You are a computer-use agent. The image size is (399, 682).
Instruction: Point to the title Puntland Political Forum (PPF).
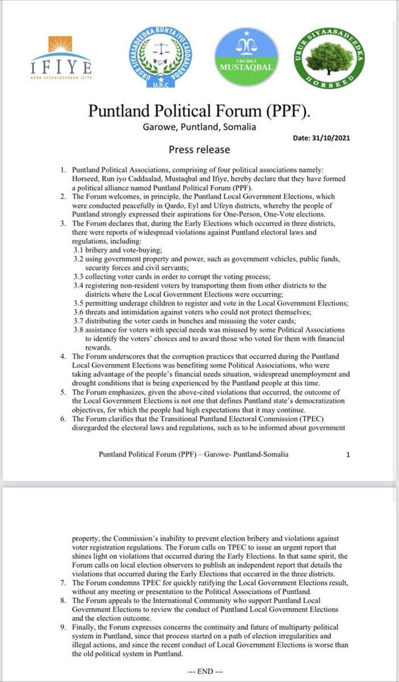(x=199, y=111)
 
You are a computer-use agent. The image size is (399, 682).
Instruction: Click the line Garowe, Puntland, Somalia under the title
(x=199, y=127)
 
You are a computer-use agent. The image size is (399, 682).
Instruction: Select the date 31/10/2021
(x=322, y=138)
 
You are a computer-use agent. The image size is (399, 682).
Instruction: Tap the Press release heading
(x=199, y=149)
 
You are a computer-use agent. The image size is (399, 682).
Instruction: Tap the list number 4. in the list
(x=63, y=356)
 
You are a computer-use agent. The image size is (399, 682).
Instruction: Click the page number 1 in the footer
(x=348, y=454)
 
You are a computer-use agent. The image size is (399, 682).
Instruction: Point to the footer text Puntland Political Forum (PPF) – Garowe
(x=193, y=454)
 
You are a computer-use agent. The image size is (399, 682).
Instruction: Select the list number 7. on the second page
(x=63, y=582)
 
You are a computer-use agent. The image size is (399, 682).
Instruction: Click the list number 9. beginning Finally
(x=63, y=627)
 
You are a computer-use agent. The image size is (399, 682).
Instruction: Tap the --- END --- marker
(x=206, y=672)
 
